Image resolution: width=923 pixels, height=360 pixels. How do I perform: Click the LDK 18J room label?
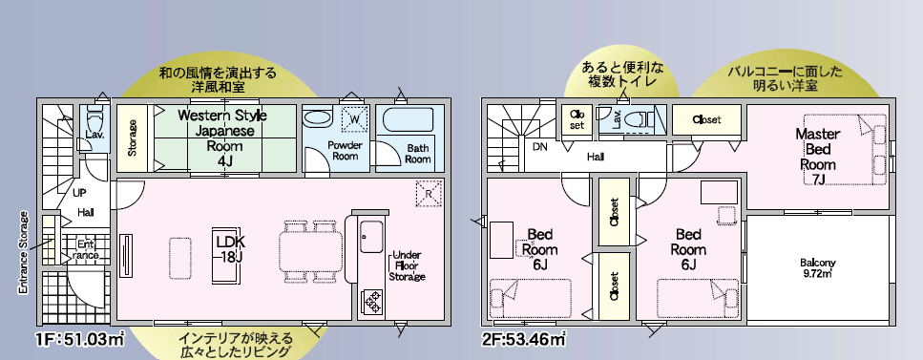pyautogui.click(x=231, y=248)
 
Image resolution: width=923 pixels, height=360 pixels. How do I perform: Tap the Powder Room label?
pyautogui.click(x=345, y=151)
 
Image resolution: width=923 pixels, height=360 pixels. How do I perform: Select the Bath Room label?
pyautogui.click(x=418, y=153)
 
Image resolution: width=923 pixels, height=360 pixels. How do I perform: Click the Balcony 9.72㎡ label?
pyautogui.click(x=818, y=268)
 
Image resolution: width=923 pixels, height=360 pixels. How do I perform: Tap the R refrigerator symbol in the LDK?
pyautogui.click(x=429, y=193)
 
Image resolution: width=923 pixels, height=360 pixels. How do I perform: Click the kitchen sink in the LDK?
pyautogui.click(x=371, y=236)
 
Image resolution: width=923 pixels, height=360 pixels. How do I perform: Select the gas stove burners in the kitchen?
pyautogui.click(x=372, y=302)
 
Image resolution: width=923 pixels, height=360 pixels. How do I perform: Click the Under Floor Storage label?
pyautogui.click(x=408, y=265)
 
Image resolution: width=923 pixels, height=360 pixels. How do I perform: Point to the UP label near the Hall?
pyautogui.click(x=80, y=193)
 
